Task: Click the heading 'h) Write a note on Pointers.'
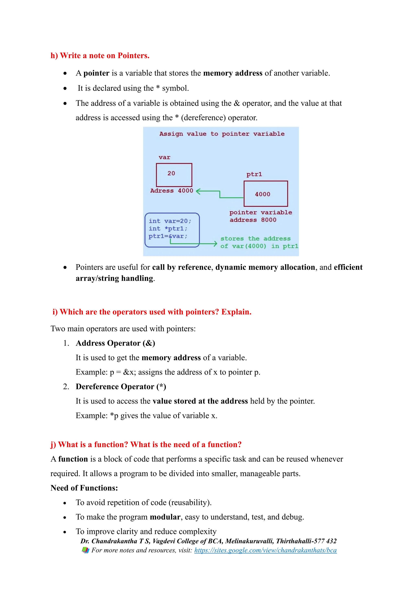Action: point(100,56)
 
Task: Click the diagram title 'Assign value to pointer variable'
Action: point(222,134)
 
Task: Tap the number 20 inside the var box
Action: point(171,173)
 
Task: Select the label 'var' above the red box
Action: point(164,157)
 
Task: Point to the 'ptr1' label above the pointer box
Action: point(254,175)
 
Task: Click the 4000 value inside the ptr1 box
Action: point(262,194)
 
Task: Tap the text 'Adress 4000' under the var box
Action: point(171,191)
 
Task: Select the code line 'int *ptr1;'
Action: point(168,229)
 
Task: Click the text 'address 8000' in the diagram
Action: point(253,220)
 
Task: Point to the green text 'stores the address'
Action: point(256,239)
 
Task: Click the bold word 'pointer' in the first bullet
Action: point(96,73)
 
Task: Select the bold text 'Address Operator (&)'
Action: point(115,343)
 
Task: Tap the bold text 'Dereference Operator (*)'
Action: point(121,387)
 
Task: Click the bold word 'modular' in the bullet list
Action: point(165,517)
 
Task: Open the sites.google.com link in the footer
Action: point(265,550)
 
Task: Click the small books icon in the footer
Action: point(85,550)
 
